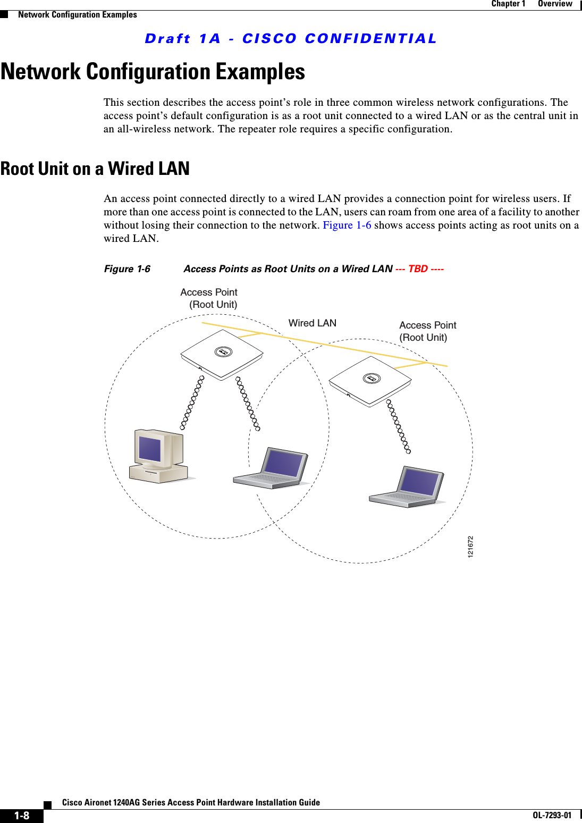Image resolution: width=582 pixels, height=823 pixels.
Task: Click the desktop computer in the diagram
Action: [x=158, y=456]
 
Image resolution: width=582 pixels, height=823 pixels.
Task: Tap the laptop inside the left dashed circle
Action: [x=272, y=469]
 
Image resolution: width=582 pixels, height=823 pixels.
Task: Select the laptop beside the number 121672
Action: [x=407, y=487]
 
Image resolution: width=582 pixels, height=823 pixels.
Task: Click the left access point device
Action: [x=222, y=354]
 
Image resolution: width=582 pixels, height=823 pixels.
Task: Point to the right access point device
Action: [x=370, y=381]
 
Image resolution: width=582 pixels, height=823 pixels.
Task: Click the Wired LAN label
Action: [x=312, y=323]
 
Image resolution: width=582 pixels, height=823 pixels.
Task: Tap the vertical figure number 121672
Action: [x=470, y=547]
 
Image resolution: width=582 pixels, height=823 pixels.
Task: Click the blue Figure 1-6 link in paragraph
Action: [x=347, y=225]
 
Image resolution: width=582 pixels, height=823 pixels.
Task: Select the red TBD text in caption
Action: [x=418, y=269]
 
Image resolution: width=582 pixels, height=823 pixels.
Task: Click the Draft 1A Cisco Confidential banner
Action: [x=291, y=39]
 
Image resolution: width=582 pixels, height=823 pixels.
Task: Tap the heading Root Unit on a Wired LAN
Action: [x=95, y=169]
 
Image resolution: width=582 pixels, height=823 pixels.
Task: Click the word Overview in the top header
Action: [x=554, y=4]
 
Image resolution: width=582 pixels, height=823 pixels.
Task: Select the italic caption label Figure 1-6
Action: [x=127, y=269]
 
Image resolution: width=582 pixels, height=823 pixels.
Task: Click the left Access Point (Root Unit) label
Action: [x=209, y=298]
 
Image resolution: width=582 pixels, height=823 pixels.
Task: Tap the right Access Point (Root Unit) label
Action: [x=427, y=331]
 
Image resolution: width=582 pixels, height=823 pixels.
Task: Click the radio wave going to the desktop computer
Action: [x=192, y=402]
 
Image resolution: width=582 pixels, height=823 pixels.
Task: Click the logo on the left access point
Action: [x=223, y=352]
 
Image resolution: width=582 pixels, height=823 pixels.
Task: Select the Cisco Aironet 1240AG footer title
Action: [x=191, y=802]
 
